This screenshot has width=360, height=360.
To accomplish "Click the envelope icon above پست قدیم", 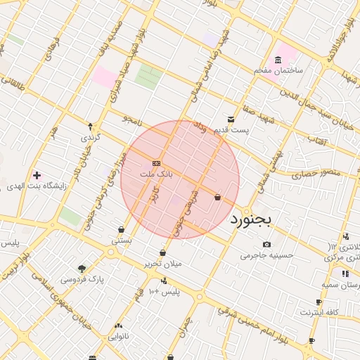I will pyautogui.click(x=231, y=120).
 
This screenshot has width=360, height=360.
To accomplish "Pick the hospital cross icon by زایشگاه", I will pyautogui.click(x=37, y=174).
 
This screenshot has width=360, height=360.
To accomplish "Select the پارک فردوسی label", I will pyautogui.click(x=82, y=279).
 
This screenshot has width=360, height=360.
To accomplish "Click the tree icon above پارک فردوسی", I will pyautogui.click(x=82, y=268).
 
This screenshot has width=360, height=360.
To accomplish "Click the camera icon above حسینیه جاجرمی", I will pyautogui.click(x=266, y=244).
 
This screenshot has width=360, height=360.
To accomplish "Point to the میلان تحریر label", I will pyautogui.click(x=163, y=264).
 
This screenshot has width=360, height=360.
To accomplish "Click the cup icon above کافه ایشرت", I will pyautogui.click(x=319, y=302).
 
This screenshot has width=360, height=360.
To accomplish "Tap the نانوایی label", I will pyautogui.click(x=118, y=337).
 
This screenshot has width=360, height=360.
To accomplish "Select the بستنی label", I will pyautogui.click(x=122, y=240).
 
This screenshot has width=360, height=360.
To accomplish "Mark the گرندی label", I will pyautogui.click(x=90, y=137).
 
